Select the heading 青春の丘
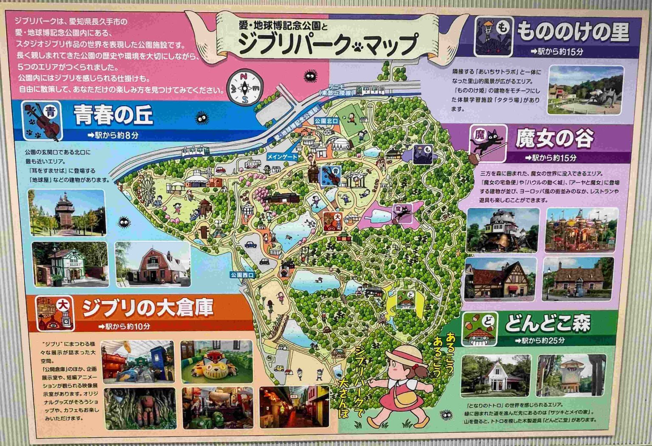[x=113, y=115]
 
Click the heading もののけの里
[x=573, y=32]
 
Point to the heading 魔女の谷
[x=554, y=139]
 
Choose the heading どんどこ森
[x=547, y=324]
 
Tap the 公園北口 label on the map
[x=326, y=121]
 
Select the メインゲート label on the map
[x=282, y=157]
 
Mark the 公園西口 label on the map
[x=242, y=275]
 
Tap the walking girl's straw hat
[x=406, y=356]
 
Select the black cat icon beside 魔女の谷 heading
[x=489, y=143]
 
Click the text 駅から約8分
[x=112, y=135]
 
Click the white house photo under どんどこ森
[x=495, y=376]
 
